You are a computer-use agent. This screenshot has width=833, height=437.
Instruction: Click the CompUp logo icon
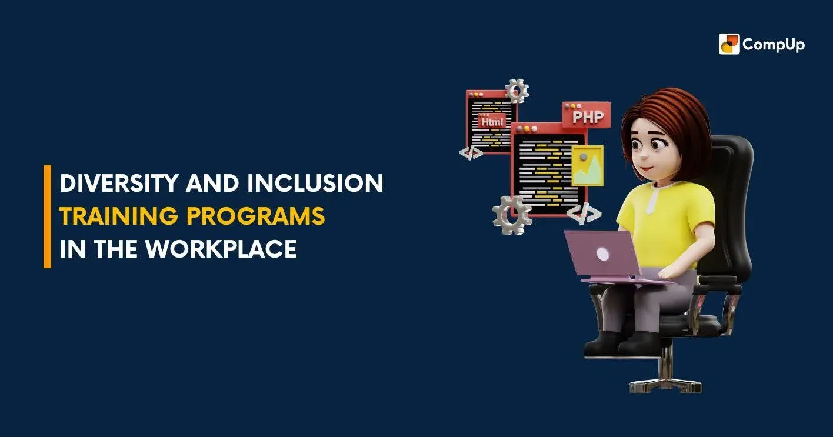729,44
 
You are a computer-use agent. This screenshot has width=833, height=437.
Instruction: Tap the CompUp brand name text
773,45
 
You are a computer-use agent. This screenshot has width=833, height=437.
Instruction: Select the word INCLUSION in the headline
315,184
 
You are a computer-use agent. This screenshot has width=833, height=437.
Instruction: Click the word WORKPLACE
221,249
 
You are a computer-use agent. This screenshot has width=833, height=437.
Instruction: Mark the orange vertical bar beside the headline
48,216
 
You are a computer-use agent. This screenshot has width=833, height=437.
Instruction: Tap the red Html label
492,122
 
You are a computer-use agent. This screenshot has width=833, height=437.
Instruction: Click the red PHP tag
587,116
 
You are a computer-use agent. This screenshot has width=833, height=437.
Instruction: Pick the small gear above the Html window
517,91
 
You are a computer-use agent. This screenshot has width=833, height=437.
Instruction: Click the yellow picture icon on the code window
588,165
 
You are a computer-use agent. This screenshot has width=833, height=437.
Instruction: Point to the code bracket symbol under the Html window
471,153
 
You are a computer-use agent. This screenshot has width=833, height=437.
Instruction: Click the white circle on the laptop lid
602,254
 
